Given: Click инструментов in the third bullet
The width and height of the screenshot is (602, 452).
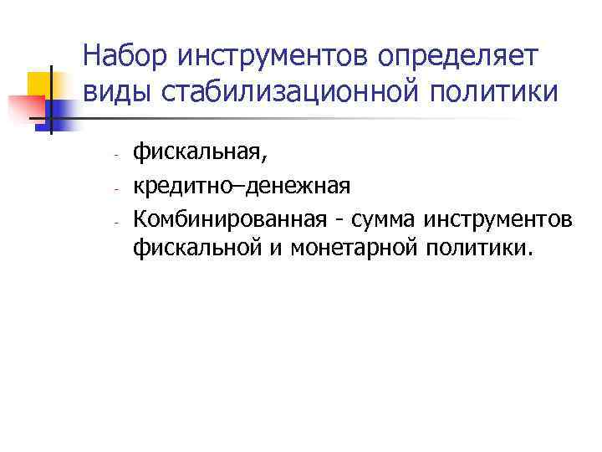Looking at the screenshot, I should coord(499,220).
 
